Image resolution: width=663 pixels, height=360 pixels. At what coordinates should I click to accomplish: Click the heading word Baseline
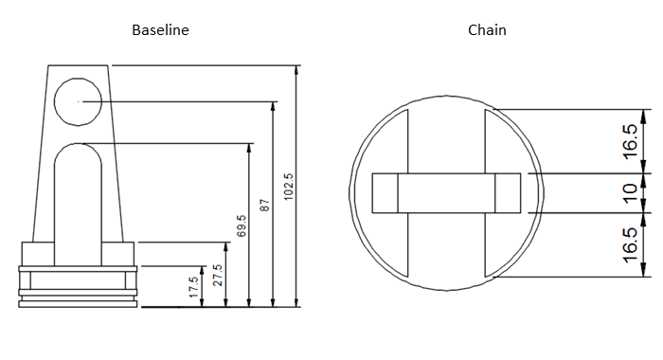coord(160,30)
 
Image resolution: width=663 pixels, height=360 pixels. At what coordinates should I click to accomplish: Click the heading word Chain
coord(487,30)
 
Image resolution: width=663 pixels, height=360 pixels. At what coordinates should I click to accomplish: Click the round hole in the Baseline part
coord(78,99)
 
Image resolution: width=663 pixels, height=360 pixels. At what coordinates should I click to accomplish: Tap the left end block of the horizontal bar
coord(385,193)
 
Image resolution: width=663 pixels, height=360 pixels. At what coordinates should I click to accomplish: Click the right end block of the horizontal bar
coord(509,193)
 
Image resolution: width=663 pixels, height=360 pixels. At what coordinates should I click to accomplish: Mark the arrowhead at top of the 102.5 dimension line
coord(296,71)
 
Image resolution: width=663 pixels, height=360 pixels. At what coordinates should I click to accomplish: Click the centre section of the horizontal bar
coord(445,193)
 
